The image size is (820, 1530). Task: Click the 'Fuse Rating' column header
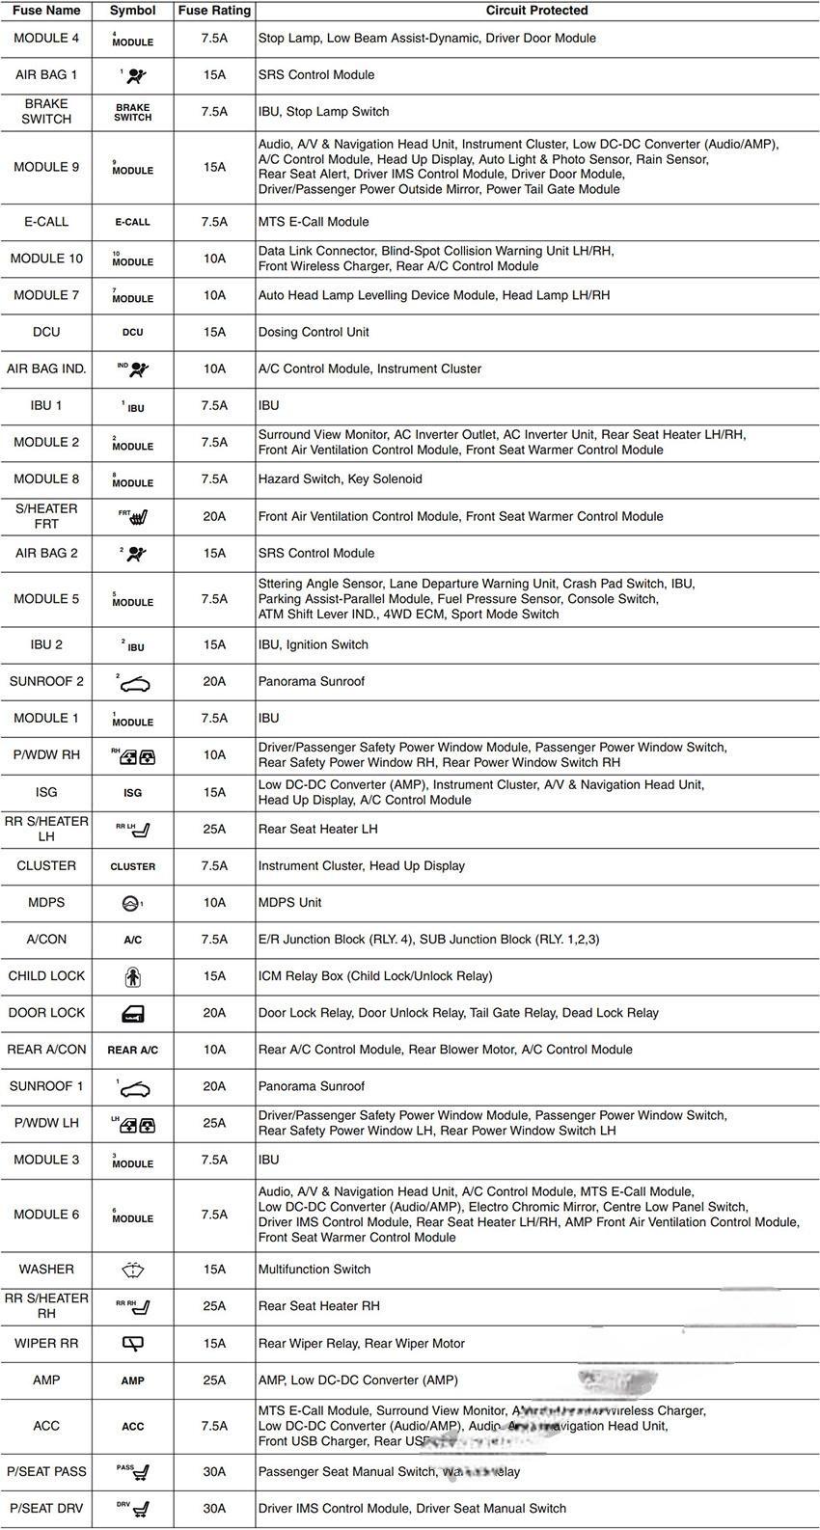click(214, 11)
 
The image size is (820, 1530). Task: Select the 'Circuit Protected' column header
click(536, 11)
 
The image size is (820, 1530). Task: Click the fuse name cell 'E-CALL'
click(46, 222)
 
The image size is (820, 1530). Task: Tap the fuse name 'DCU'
click(46, 332)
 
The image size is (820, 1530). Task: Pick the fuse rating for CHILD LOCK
click(214, 976)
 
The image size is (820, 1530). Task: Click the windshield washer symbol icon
click(133, 1270)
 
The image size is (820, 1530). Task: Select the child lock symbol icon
click(133, 976)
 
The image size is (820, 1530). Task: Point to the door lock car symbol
click(133, 1013)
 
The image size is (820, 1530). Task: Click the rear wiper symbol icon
click(133, 1343)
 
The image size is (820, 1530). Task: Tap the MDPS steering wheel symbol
click(132, 903)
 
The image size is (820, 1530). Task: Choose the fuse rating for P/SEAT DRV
click(214, 1509)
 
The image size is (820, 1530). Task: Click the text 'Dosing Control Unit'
click(314, 332)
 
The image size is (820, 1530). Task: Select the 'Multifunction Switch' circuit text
click(314, 1270)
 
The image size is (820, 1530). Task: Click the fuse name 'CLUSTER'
click(46, 866)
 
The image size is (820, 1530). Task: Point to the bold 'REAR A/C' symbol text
click(133, 1050)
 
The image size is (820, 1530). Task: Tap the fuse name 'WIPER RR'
click(46, 1343)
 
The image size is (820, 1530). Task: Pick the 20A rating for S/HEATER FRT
click(214, 517)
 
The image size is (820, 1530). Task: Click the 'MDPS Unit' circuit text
click(289, 903)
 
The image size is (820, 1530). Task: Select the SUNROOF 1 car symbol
click(134, 1089)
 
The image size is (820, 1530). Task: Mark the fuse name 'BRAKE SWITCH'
click(46, 111)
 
